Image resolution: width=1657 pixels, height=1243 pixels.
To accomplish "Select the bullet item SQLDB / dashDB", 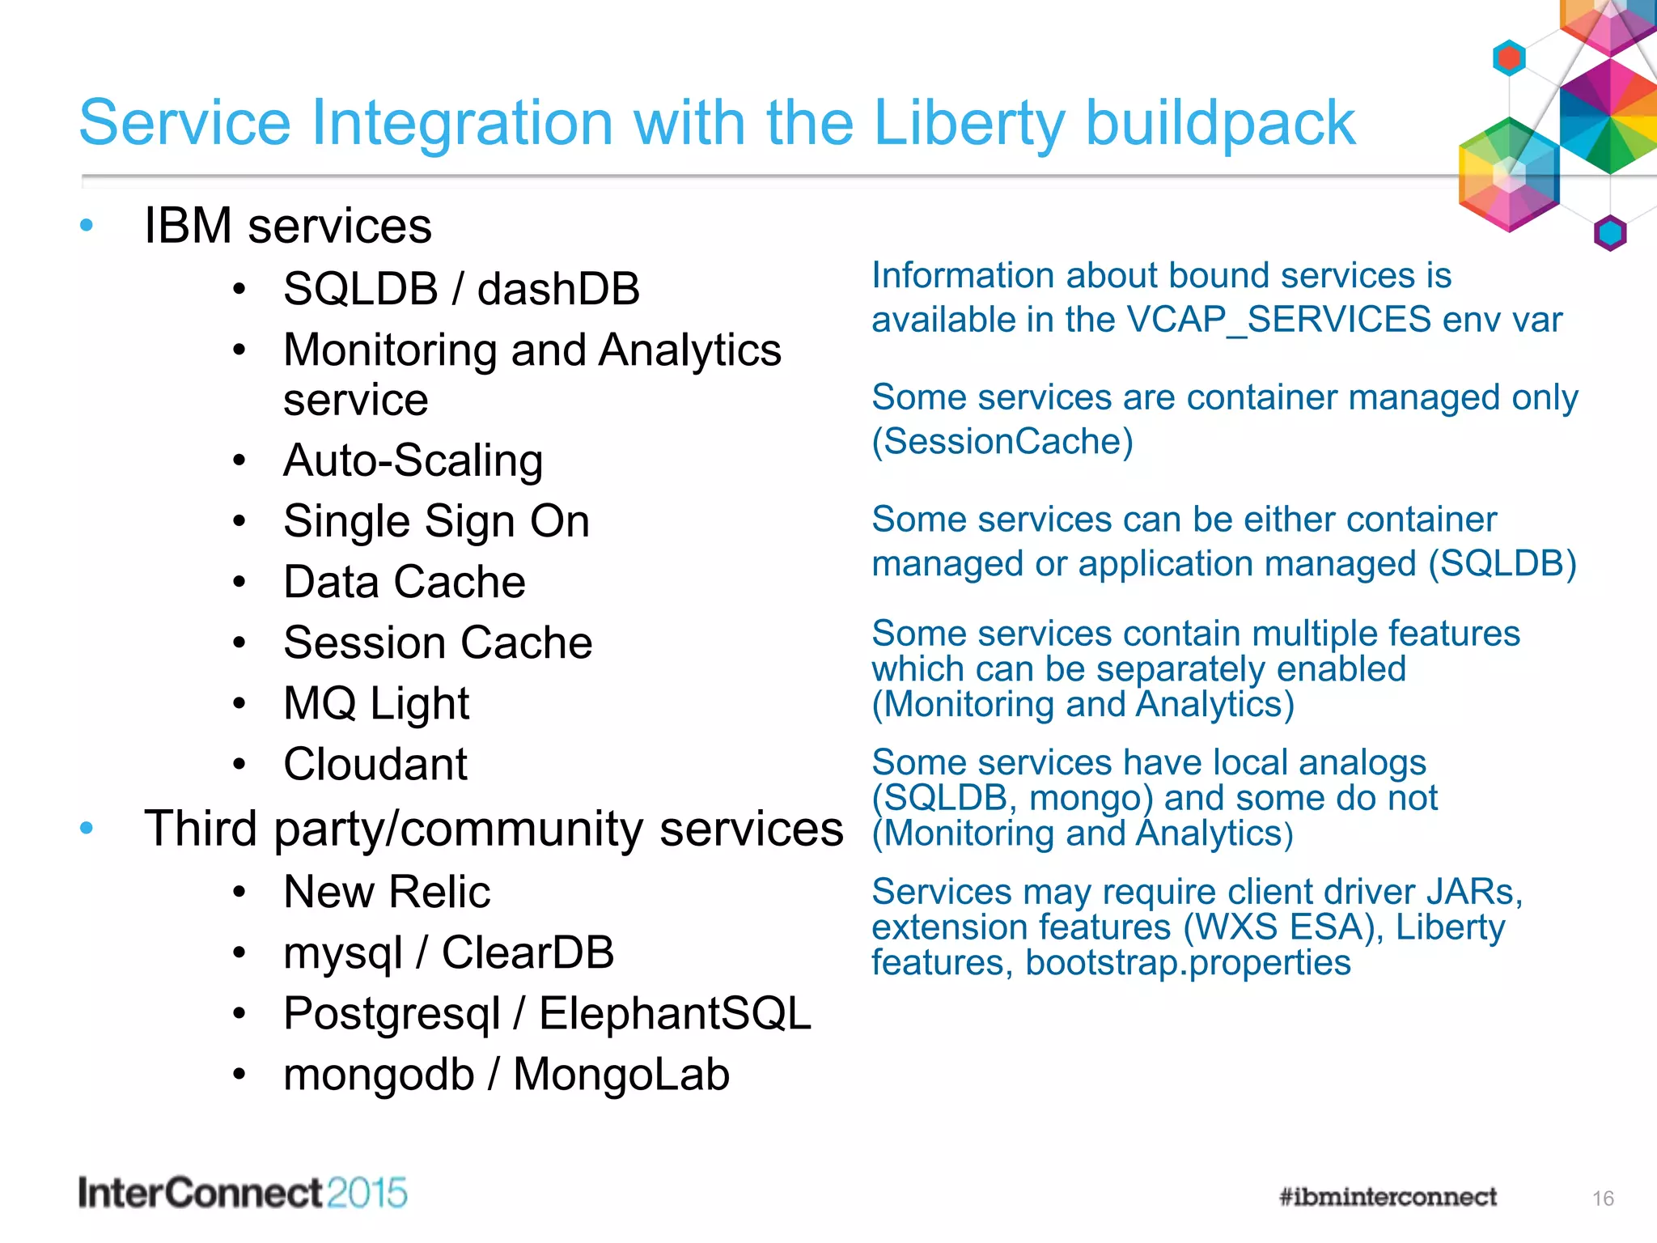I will [461, 289].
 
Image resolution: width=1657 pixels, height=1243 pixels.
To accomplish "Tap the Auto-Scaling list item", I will [413, 460].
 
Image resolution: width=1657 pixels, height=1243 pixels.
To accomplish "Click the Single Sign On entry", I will [436, 521].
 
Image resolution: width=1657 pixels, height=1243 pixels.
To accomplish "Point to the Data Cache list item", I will [404, 582].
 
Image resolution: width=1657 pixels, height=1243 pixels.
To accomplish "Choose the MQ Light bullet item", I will [376, 703].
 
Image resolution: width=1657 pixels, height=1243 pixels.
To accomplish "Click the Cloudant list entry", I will [375, 764].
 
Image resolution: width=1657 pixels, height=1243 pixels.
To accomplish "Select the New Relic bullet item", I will [387, 892].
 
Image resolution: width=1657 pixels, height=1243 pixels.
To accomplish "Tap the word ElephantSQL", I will [675, 1013].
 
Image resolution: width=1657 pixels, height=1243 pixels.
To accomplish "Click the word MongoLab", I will [621, 1075].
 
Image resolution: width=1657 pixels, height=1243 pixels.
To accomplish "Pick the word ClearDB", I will [528, 952].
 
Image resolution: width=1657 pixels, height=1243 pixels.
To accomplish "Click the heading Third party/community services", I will [494, 829].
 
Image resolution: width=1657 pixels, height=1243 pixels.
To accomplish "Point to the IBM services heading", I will [287, 226].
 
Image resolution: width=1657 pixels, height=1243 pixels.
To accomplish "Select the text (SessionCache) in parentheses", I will [1002, 442].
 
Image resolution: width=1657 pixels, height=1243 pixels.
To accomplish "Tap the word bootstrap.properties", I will [1188, 963].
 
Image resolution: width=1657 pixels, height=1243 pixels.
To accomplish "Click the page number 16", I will [1603, 1198].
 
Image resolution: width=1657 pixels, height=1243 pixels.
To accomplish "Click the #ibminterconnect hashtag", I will [1388, 1197].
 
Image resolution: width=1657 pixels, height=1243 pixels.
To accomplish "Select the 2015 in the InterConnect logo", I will [367, 1194].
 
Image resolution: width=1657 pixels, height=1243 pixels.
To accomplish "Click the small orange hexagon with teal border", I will [1508, 58].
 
